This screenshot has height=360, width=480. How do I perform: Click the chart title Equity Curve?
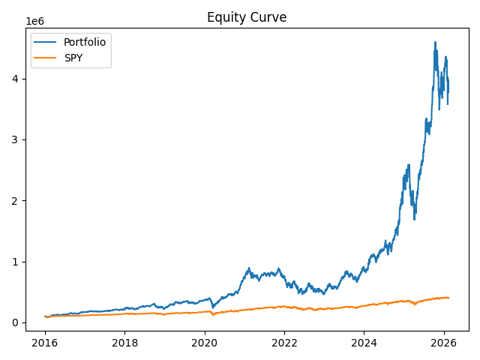tap(247, 17)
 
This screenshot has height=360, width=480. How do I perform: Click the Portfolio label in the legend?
tap(85, 42)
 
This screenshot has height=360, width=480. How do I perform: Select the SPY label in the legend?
tap(73, 58)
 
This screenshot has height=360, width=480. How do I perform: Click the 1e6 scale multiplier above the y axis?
tap(35, 22)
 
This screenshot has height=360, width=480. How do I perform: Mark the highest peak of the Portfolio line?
tap(436, 42)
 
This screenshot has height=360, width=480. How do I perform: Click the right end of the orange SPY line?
tap(448, 298)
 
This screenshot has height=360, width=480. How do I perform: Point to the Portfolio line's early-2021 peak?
tap(249, 268)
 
